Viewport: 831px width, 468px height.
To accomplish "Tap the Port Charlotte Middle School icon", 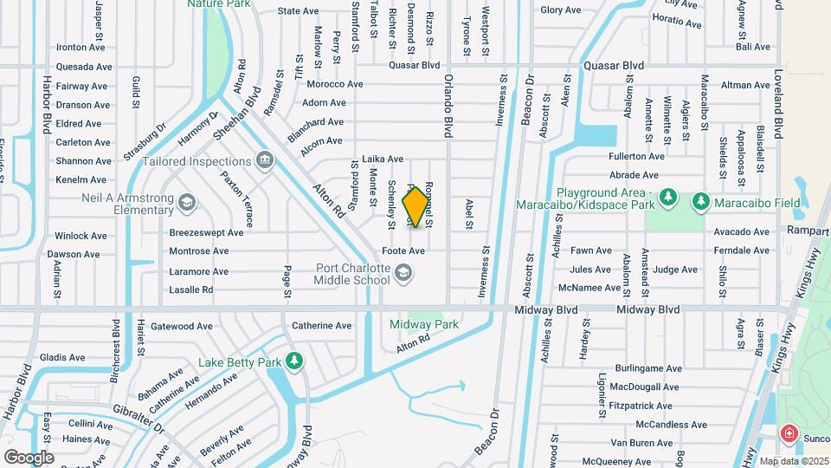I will click(x=403, y=274).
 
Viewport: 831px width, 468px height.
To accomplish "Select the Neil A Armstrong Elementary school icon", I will click(x=186, y=204).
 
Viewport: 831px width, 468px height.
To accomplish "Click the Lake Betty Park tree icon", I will click(x=294, y=361).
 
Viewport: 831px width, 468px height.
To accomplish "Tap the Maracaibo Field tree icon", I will click(x=701, y=201).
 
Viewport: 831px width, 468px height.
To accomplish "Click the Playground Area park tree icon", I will click(x=667, y=198).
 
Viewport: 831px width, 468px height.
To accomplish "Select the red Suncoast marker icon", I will click(x=789, y=432).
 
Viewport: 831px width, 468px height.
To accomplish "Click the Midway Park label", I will click(x=423, y=324).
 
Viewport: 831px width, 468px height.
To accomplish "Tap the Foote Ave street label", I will click(x=403, y=251).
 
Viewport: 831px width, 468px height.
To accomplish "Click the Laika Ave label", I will click(x=383, y=159).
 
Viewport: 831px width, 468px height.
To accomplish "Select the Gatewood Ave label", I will click(x=182, y=327).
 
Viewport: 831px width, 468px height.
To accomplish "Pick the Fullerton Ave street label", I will click(x=636, y=157).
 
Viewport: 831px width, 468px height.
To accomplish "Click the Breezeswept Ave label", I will click(x=206, y=232).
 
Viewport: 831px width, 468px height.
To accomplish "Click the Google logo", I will click(x=29, y=457).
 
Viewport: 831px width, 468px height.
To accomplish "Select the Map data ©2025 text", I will click(x=793, y=461).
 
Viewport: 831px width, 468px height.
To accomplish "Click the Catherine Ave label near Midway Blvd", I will click(x=322, y=326).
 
